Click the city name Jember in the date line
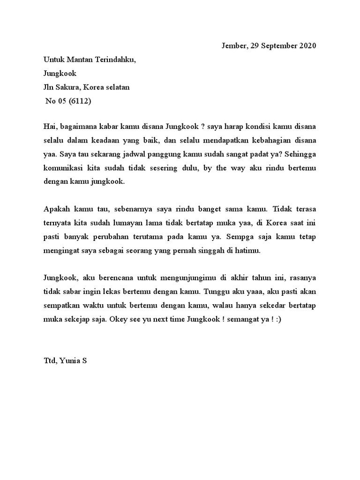click(232, 46)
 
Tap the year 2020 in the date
click(306, 46)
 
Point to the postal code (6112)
click(80, 101)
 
